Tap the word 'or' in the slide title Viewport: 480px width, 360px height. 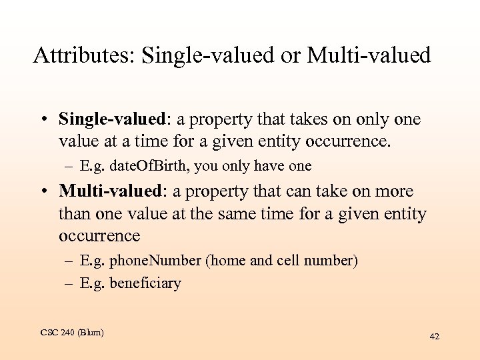pos(291,55)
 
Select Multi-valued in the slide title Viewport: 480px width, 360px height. pos(369,55)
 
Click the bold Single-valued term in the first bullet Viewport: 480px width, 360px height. pos(111,119)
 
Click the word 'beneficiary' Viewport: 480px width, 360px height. pos(145,283)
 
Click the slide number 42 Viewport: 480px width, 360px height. pos(434,337)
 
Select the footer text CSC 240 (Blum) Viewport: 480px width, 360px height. pos(72,332)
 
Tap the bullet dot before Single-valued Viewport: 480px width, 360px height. pos(41,120)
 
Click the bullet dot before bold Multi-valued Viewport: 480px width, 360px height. pos(41,192)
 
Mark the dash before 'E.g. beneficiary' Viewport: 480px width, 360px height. pos(68,284)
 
